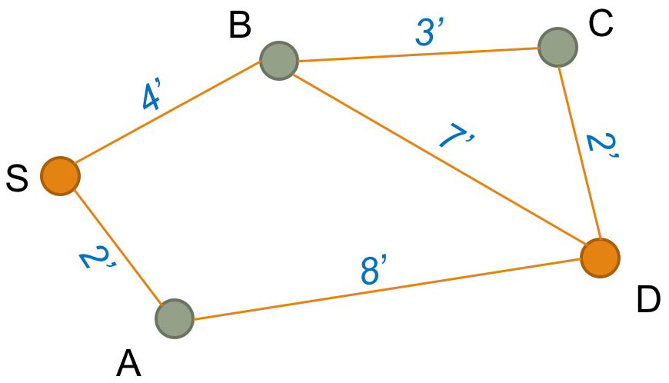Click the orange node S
click(x=60, y=175)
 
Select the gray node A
click(x=175, y=318)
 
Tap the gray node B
click(x=278, y=60)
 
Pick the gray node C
click(x=557, y=47)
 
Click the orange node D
click(x=600, y=258)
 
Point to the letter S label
click(x=16, y=178)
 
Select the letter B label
click(x=240, y=26)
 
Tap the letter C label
click(x=601, y=24)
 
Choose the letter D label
click(x=648, y=301)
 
